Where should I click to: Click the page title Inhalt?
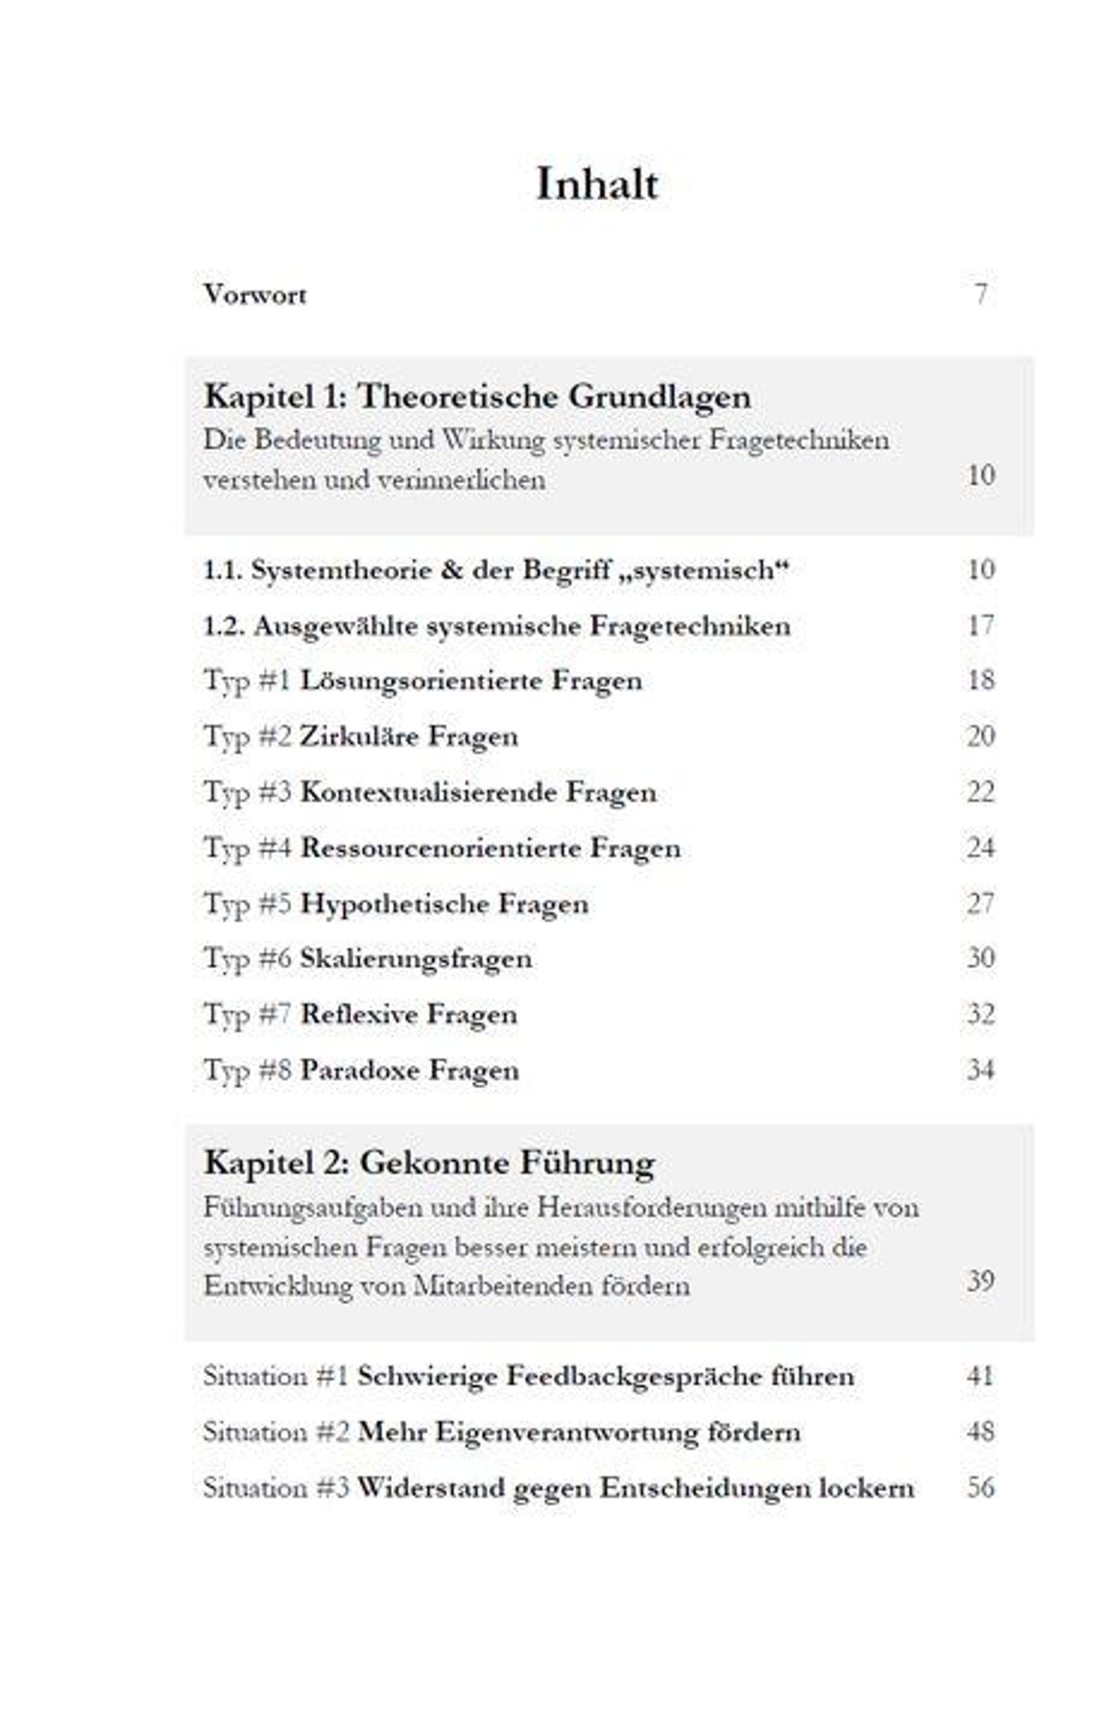[597, 185]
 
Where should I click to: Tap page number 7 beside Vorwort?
[981, 294]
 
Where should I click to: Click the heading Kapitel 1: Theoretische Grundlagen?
[477, 397]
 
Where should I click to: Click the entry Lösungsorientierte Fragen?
[471, 681]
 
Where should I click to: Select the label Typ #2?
[247, 737]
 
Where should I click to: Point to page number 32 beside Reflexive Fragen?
[980, 1015]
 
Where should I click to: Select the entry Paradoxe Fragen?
[409, 1070]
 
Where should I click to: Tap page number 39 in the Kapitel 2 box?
[980, 1281]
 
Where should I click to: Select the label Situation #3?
[276, 1488]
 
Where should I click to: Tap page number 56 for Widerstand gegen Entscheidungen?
[980, 1488]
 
